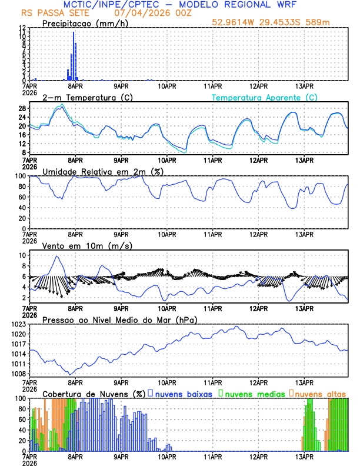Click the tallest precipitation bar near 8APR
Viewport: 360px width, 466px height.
tap(74, 56)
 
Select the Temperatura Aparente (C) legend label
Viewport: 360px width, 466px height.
tap(264, 97)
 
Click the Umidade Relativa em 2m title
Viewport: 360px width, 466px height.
tap(102, 171)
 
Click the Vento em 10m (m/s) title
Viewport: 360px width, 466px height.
tap(87, 245)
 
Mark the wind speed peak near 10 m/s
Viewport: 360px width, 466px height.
tap(56, 257)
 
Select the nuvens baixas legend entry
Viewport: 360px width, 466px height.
tap(183, 394)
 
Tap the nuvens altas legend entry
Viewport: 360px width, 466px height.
tap(319, 394)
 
